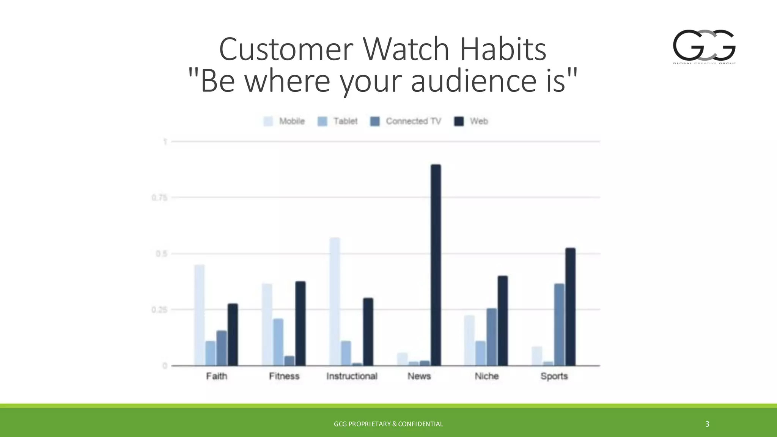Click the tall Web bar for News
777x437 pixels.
436,266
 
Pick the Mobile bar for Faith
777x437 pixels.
200,315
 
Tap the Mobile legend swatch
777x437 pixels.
268,121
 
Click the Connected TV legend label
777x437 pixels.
413,121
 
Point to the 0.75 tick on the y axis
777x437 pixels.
159,198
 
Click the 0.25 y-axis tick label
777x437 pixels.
159,310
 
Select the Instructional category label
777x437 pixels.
352,376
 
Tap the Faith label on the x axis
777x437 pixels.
217,376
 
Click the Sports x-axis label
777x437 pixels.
554,376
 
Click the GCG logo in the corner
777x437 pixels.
704,46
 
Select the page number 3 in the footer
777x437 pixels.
707,424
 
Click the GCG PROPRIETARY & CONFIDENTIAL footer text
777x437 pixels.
388,424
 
